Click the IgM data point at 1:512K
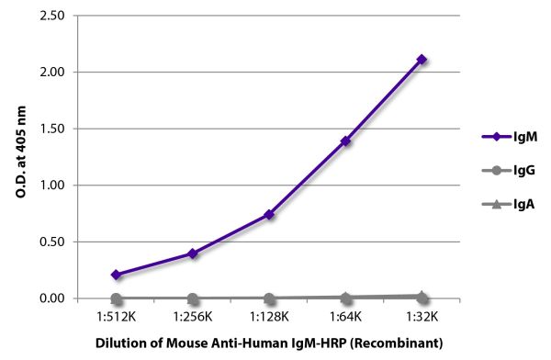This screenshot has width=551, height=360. point(116,275)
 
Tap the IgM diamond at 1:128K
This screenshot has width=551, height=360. point(269,215)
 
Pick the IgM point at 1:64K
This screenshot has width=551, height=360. point(345,141)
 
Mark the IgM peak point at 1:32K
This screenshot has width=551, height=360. point(422,60)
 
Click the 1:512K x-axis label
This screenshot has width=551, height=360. point(116,317)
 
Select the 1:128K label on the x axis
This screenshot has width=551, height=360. point(269,317)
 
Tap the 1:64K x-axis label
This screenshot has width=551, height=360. point(345,317)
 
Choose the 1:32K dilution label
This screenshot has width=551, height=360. point(422,317)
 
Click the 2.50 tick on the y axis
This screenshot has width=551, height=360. point(51,16)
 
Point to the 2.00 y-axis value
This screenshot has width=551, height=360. point(51,72)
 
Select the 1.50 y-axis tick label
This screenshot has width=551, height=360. point(51,129)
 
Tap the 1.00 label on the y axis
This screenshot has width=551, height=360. point(51,186)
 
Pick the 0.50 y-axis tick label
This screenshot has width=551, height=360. point(51,242)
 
